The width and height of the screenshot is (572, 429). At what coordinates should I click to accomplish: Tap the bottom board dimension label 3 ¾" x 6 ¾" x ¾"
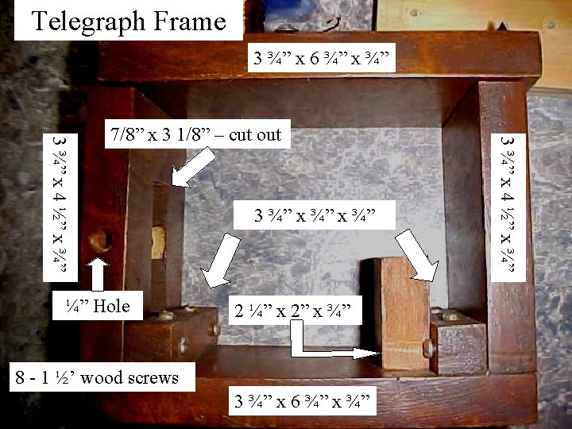[x=302, y=400]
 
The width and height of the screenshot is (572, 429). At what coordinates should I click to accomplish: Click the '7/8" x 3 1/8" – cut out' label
[x=196, y=134]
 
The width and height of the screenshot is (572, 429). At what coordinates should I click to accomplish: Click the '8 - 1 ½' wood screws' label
[x=98, y=377]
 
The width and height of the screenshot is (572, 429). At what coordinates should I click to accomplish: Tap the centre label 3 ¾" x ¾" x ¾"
[x=313, y=216]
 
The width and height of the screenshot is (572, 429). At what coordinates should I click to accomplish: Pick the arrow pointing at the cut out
[x=193, y=168]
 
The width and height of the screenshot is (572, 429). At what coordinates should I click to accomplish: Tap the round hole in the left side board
[x=100, y=240]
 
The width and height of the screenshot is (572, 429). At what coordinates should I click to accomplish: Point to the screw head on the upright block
[x=428, y=348]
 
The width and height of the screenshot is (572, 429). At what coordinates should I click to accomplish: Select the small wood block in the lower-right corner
[x=459, y=342]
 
